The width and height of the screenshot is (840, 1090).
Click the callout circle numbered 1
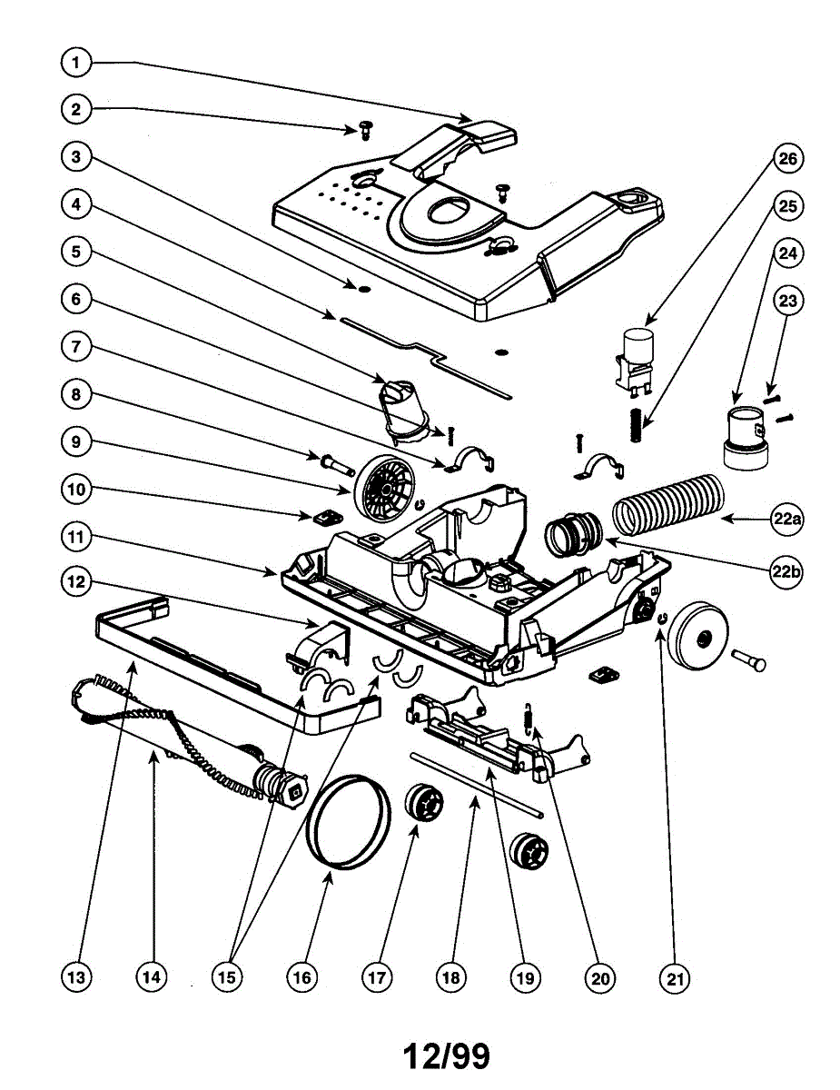(x=77, y=63)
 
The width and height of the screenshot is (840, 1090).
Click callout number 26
(x=786, y=159)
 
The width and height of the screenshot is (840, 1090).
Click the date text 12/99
(x=447, y=1055)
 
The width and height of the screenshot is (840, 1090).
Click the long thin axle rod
(x=477, y=784)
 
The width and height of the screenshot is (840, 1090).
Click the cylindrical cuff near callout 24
(x=745, y=440)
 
